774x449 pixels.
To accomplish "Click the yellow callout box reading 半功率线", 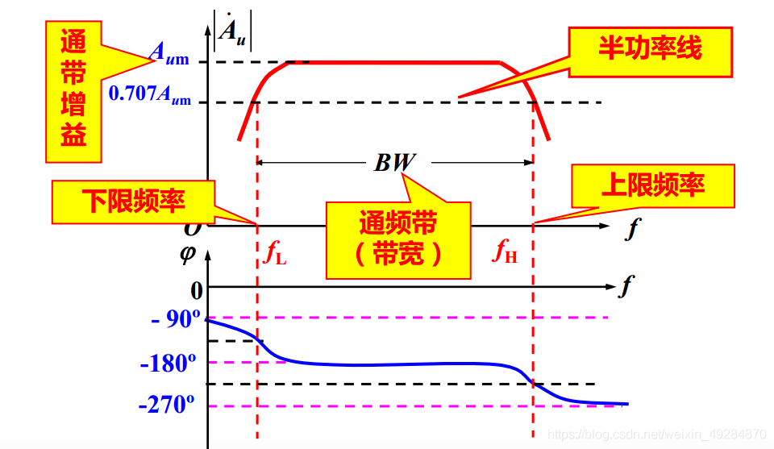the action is click(650, 50).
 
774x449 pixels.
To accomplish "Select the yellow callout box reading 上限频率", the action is click(653, 186).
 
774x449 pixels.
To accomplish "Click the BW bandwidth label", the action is click(394, 163).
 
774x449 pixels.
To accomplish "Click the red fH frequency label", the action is click(506, 253).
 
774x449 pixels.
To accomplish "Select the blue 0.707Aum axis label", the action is click(150, 94).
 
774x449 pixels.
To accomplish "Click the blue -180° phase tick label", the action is click(169, 364).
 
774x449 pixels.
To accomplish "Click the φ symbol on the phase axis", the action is click(188, 255).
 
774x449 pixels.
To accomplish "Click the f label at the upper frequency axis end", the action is click(631, 230).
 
